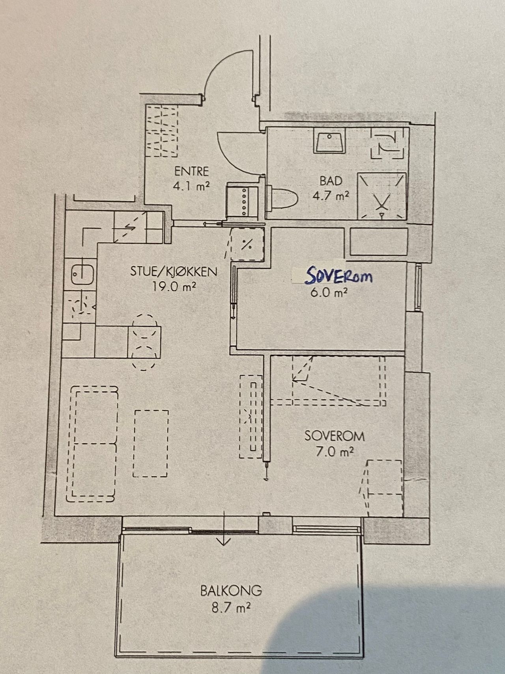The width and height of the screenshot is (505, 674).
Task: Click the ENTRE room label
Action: (x=191, y=171)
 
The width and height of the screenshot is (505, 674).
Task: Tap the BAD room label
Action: (x=331, y=181)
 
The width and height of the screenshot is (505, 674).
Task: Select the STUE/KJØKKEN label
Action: (x=174, y=272)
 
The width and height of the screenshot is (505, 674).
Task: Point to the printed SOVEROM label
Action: (x=335, y=436)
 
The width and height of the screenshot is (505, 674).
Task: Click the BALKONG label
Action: (x=231, y=591)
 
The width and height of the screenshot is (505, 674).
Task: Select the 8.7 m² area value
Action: (x=231, y=606)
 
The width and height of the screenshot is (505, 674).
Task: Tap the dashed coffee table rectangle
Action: (x=151, y=443)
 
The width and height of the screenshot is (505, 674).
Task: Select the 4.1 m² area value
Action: (x=191, y=186)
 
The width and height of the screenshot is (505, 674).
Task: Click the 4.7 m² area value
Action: (x=331, y=195)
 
